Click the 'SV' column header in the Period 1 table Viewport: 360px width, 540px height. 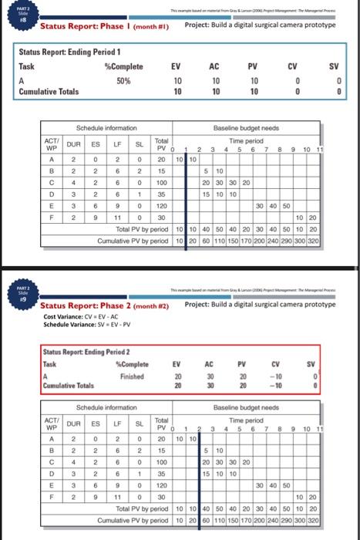pos(335,67)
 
